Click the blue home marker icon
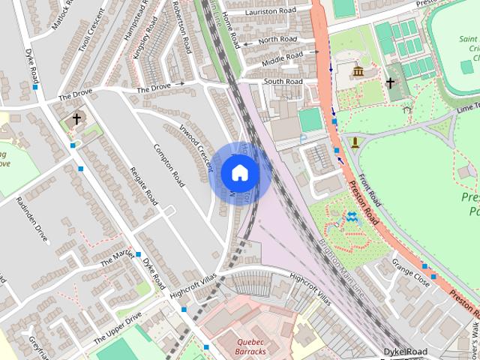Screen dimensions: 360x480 click(x=239, y=172)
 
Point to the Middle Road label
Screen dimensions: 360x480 click(x=283, y=55)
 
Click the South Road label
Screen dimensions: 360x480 click(x=283, y=81)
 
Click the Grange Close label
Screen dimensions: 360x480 click(x=410, y=274)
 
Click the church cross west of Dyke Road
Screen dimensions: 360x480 click(x=76, y=118)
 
